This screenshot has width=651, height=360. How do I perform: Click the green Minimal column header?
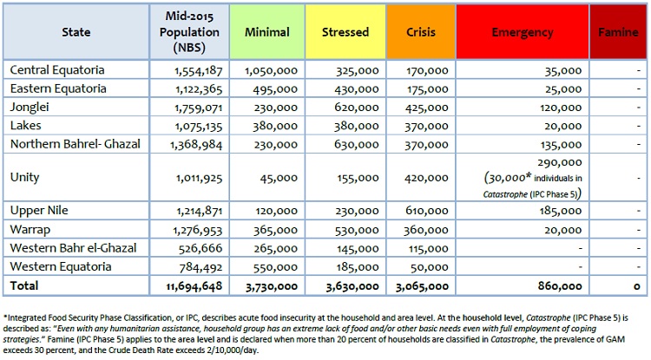(x=267, y=32)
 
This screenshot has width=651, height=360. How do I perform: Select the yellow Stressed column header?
(x=345, y=32)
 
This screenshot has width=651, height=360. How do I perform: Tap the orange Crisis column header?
(x=421, y=32)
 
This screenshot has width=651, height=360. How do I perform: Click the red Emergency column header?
(x=523, y=32)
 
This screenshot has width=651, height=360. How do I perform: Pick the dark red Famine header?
(x=618, y=32)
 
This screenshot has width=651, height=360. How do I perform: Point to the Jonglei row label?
(x=30, y=108)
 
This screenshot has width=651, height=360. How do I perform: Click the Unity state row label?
(x=25, y=178)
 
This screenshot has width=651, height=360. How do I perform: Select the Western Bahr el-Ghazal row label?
(x=73, y=248)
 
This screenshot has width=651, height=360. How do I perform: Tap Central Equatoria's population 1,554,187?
(x=199, y=70)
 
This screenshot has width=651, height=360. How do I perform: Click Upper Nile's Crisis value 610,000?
(x=427, y=211)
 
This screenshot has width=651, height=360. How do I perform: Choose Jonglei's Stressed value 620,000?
(x=357, y=108)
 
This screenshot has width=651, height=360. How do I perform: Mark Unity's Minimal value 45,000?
(x=279, y=178)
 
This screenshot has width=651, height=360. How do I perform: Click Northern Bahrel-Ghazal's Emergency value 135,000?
(x=561, y=145)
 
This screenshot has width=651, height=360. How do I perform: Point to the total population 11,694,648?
(x=194, y=286)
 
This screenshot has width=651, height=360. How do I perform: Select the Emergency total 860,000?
(x=560, y=286)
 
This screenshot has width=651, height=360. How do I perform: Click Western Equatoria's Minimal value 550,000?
(x=276, y=267)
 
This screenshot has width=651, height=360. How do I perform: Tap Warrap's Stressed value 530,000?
(x=357, y=230)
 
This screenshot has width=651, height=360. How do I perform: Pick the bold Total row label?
(x=24, y=285)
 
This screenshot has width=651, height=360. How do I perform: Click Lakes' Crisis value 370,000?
(x=427, y=127)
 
